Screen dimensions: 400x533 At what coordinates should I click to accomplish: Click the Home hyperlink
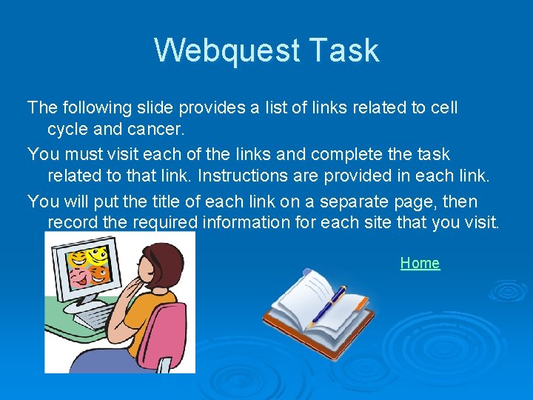click(x=420, y=263)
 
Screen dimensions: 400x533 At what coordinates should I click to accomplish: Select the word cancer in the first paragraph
click(x=158, y=129)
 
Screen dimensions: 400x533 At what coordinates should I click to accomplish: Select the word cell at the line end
click(x=445, y=107)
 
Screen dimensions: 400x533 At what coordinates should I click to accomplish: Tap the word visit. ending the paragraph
click(x=482, y=222)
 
